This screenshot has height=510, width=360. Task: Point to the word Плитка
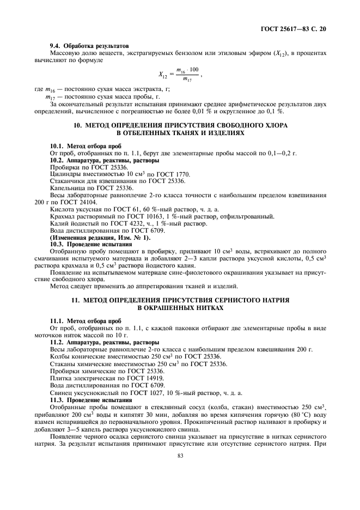click(60, 378)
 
